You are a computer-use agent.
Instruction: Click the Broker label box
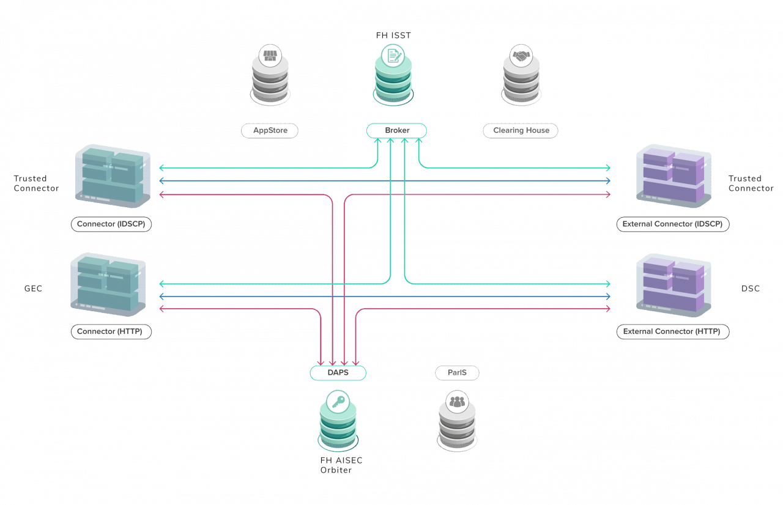click(x=396, y=130)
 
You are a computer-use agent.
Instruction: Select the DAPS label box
click(x=338, y=372)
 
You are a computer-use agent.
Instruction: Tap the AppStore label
click(x=270, y=130)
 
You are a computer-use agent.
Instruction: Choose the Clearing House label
click(x=521, y=130)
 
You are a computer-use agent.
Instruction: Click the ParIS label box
click(x=456, y=372)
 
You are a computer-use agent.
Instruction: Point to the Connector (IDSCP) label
click(x=111, y=224)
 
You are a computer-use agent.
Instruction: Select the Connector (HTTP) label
click(x=111, y=331)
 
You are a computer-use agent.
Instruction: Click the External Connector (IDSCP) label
click(x=672, y=224)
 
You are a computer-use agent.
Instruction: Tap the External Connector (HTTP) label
click(x=672, y=331)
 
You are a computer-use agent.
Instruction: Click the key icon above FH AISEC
click(x=337, y=402)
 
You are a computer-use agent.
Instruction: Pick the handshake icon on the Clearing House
click(x=521, y=56)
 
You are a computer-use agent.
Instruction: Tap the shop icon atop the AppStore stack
click(x=270, y=56)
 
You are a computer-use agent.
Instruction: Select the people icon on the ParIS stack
click(x=456, y=402)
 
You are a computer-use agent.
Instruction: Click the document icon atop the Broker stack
click(x=393, y=56)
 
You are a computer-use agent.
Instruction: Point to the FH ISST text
click(x=393, y=35)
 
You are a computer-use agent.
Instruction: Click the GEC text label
click(x=33, y=289)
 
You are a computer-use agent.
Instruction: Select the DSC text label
click(x=750, y=289)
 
